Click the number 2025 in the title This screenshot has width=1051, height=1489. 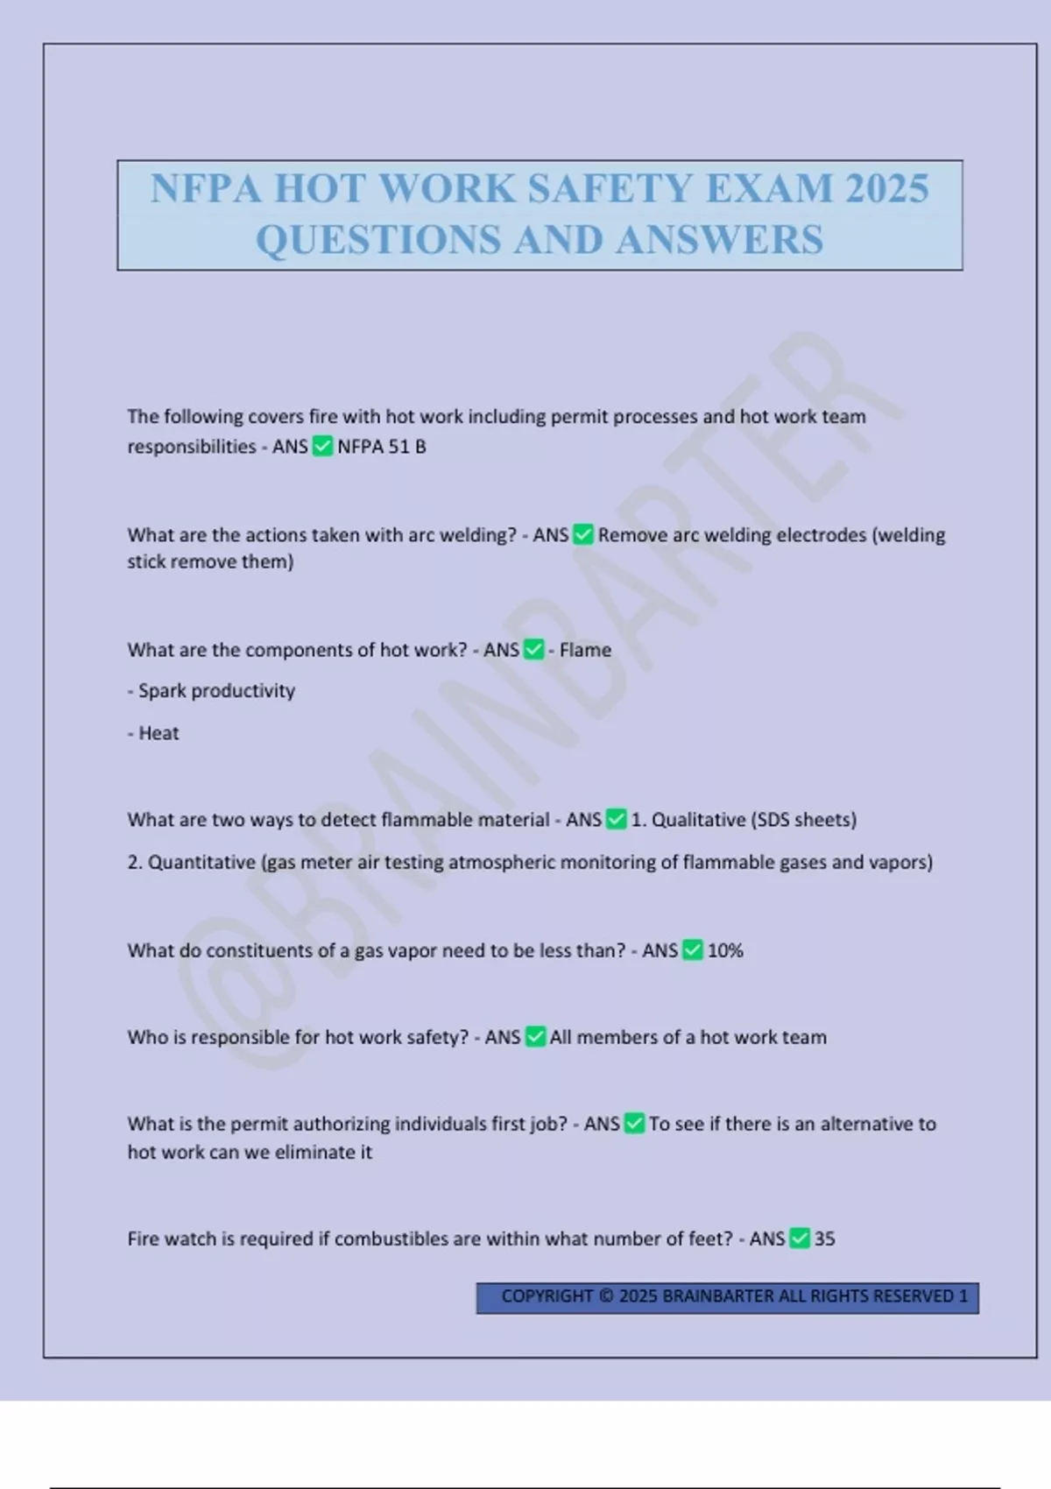(886, 188)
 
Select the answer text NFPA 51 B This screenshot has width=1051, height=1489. (382, 447)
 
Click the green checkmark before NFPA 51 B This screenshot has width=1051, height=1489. (322, 447)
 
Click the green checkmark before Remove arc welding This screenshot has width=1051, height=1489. (583, 534)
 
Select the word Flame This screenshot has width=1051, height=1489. (585, 650)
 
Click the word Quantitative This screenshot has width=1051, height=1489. (201, 863)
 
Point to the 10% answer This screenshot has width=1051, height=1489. (725, 950)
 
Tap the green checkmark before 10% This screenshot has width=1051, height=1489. (693, 950)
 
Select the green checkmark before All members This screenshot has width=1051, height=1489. (535, 1037)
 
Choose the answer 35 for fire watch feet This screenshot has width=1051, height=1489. (824, 1238)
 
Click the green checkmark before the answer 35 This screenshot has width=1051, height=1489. (800, 1238)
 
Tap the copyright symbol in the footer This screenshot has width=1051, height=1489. (606, 1296)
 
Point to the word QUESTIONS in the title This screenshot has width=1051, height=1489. (378, 240)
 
